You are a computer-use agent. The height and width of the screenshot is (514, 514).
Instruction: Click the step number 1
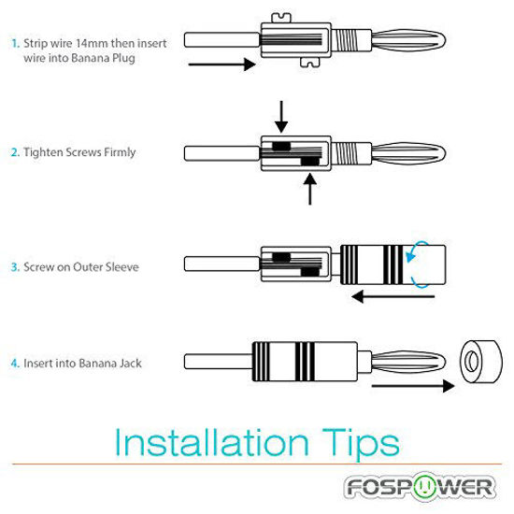15,43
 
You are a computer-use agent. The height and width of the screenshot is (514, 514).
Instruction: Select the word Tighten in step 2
43,152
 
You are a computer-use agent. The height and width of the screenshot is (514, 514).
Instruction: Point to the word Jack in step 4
130,364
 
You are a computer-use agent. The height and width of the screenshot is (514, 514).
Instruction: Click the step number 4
15,364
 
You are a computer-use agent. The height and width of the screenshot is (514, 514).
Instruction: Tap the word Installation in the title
212,442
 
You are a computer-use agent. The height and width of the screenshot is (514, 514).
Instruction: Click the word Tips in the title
361,444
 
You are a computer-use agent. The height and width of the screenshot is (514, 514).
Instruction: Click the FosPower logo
420,487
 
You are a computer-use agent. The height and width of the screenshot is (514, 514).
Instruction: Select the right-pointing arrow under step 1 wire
221,64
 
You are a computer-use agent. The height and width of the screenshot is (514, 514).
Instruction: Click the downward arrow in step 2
281,117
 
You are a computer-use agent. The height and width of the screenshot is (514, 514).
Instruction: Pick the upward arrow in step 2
309,190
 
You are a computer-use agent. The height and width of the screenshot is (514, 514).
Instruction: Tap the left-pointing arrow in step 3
393,296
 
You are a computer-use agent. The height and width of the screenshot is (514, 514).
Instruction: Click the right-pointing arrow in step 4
413,386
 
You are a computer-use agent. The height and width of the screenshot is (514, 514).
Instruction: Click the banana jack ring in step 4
481,362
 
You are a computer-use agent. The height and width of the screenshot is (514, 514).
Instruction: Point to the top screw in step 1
281,19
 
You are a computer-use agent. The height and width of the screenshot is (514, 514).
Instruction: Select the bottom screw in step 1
309,63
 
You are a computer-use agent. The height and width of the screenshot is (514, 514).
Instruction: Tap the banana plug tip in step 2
408,153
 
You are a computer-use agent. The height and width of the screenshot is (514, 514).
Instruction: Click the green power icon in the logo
424,486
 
